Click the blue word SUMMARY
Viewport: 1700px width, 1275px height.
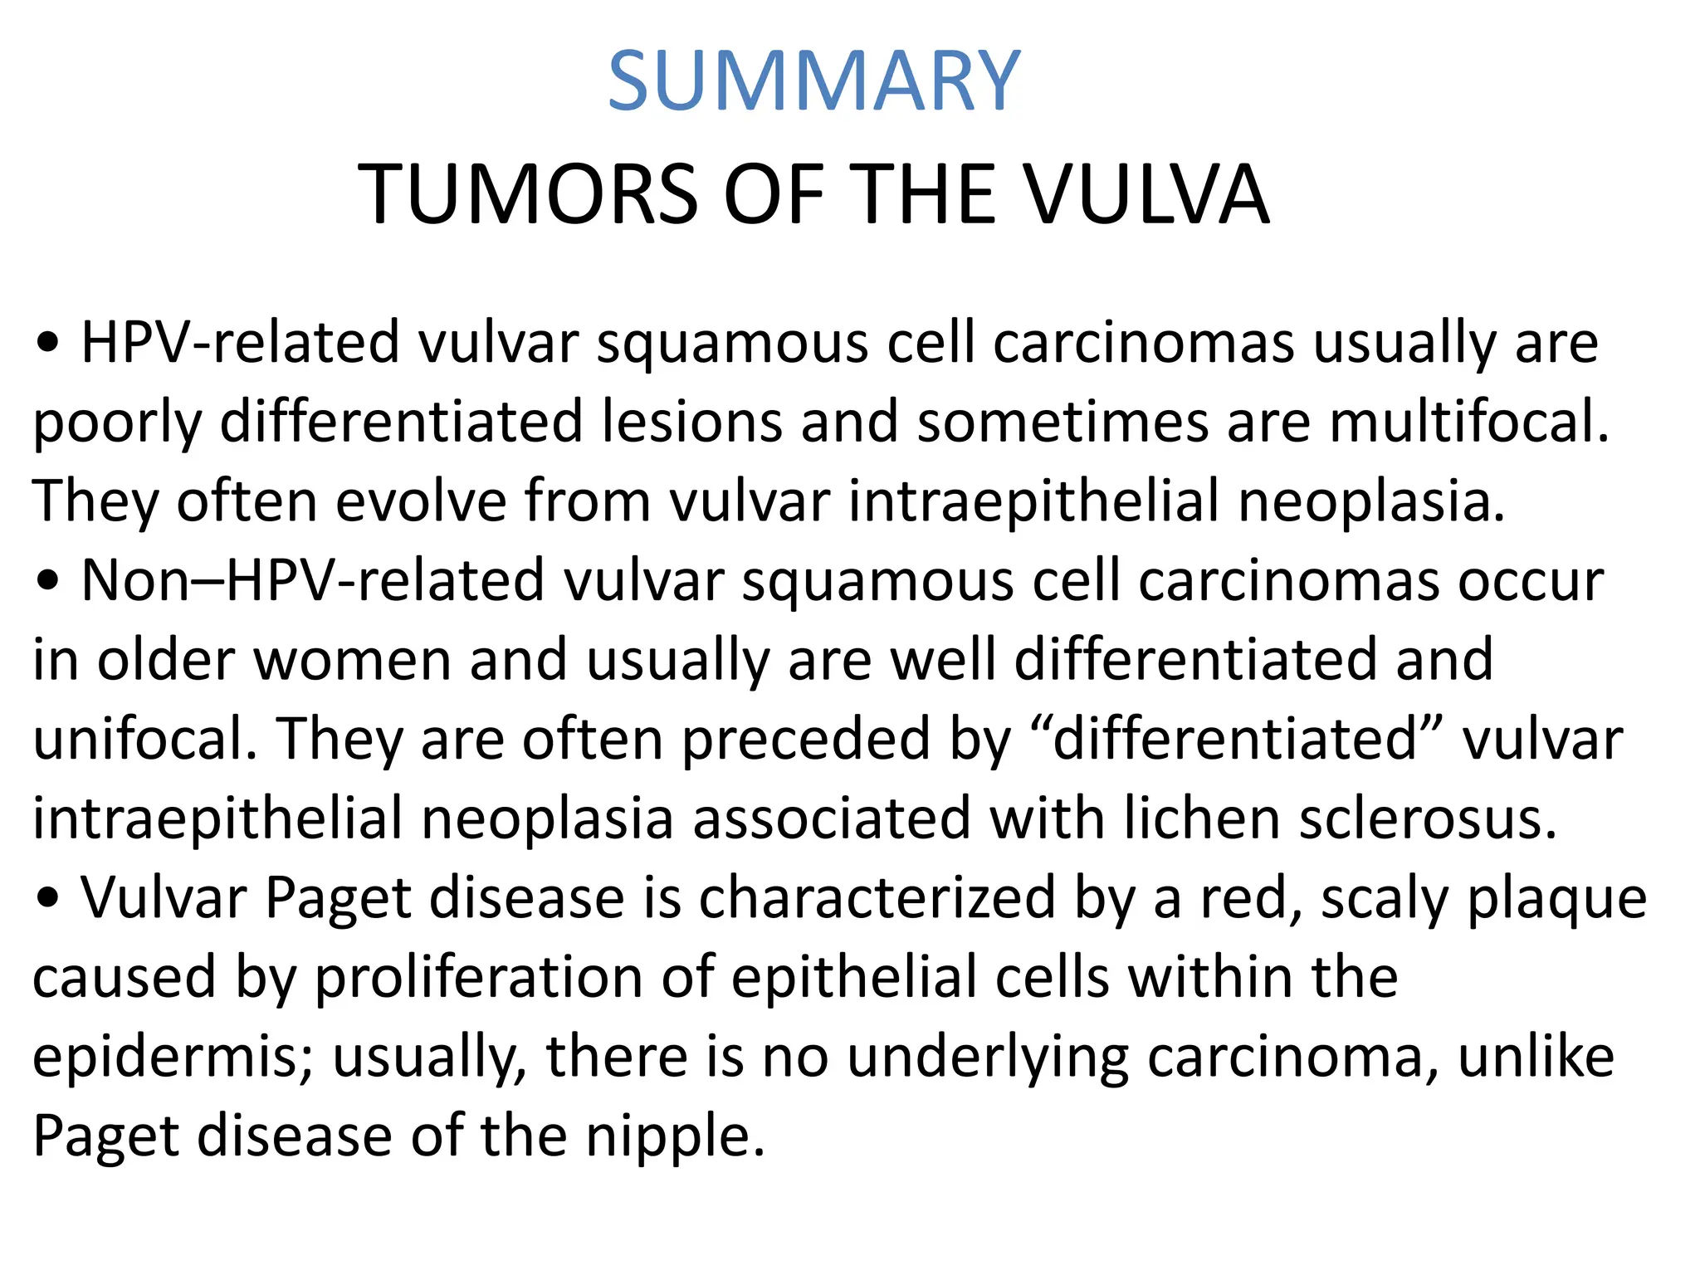tap(813, 81)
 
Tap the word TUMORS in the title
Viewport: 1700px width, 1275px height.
tap(528, 195)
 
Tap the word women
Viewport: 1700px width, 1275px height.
tap(352, 660)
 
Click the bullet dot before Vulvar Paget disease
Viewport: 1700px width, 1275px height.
tap(50, 899)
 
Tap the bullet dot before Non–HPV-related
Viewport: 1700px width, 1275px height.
tap(50, 581)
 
